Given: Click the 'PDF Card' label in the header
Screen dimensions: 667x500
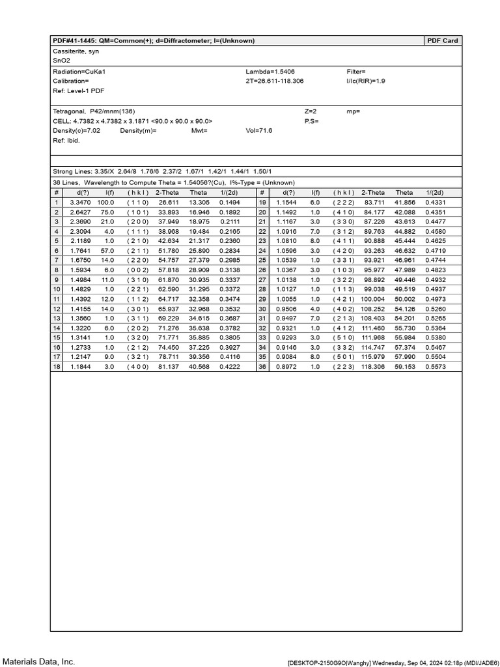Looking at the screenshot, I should click(443, 40).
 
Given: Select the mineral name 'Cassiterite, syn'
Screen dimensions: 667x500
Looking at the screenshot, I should click(76, 51).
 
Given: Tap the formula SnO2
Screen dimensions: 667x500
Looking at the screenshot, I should click(61, 60).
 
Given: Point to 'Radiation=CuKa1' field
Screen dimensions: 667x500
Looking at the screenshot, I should click(76, 72).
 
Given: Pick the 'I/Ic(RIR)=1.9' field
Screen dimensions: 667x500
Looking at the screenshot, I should click(366, 81).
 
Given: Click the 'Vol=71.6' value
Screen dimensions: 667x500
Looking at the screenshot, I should click(259, 131).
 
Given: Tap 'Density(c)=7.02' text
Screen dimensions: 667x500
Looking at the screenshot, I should click(76, 131).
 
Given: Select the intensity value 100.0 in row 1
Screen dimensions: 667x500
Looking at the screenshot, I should click(105, 203).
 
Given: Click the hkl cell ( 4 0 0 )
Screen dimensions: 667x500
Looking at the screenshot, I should click(138, 367).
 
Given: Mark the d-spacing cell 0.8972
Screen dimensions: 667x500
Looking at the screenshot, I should click(286, 367).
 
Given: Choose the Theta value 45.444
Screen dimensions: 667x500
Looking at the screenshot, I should click(404, 240).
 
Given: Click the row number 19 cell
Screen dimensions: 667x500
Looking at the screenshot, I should click(262, 203).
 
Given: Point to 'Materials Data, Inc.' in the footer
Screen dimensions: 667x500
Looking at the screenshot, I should click(38, 662).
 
